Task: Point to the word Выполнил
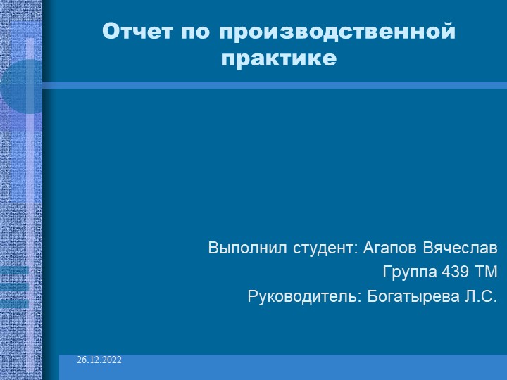pos(241,248)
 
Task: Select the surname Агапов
pos(391,248)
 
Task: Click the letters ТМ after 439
pos(487,272)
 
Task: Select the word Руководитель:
pos(305,296)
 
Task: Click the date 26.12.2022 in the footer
pos(100,360)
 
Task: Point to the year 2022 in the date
pos(111,360)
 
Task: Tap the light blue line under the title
pos(275,85)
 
